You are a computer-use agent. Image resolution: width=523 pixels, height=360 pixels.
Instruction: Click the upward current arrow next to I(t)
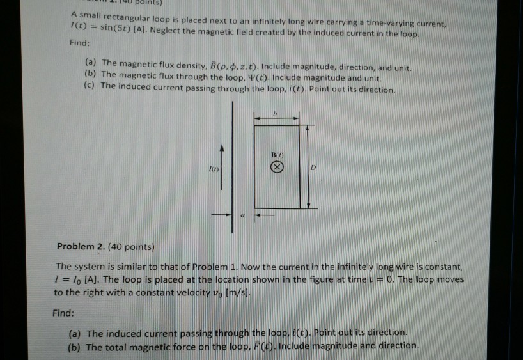coord(221,167)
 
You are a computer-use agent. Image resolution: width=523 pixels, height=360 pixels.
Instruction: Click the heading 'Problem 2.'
coord(79,247)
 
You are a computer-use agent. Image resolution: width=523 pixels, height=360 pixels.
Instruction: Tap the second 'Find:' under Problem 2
coord(64,313)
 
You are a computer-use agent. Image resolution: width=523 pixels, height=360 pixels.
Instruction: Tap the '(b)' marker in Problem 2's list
coord(75,347)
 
